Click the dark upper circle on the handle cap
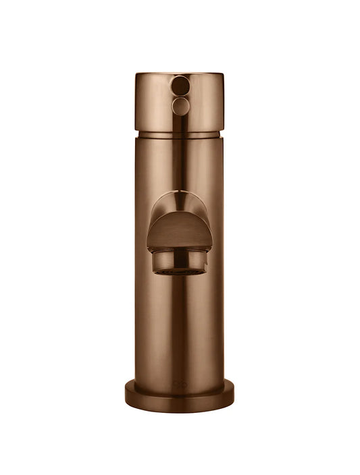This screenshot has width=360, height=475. point(180,86)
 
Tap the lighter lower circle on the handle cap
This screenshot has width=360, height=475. point(180,106)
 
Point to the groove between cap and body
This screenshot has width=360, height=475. point(180,134)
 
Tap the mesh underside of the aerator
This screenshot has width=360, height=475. point(180,272)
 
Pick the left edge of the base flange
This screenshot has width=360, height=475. point(126,393)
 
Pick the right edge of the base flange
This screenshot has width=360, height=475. point(234,393)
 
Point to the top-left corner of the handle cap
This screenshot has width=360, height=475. point(136,75)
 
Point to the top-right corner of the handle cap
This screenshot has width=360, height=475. point(224,75)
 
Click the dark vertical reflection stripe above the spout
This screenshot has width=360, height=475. point(180,162)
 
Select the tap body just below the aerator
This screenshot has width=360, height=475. point(180,297)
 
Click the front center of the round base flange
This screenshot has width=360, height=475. point(180,402)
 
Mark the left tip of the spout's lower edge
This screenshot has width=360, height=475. point(148,247)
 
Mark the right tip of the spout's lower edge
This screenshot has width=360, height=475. point(212,247)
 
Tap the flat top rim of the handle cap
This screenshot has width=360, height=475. point(180,74)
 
